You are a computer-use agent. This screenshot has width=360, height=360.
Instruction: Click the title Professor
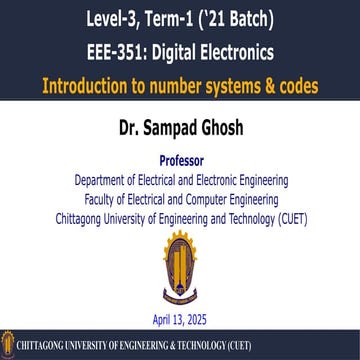(180, 160)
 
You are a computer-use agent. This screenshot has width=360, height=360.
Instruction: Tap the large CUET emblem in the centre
(180, 268)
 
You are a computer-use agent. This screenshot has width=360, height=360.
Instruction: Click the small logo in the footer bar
(9, 347)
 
